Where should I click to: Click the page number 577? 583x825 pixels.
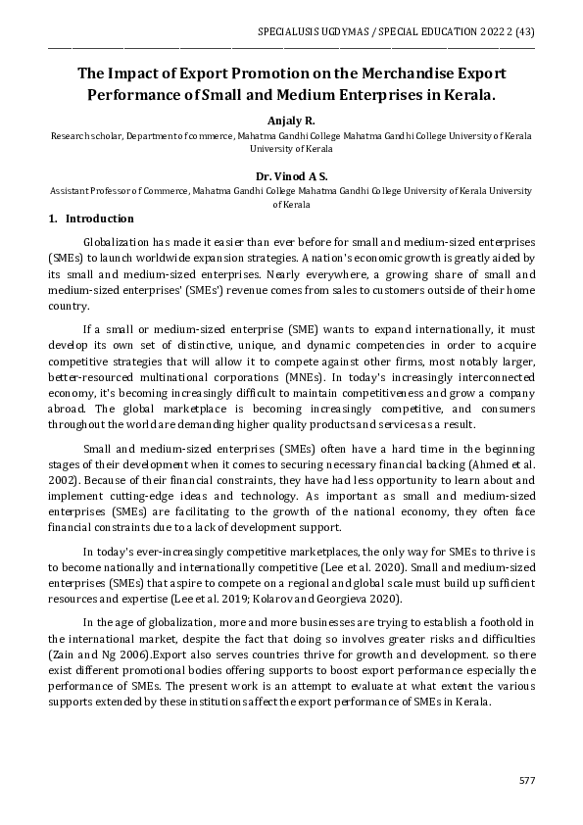(x=526, y=780)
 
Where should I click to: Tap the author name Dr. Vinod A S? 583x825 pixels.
(x=292, y=176)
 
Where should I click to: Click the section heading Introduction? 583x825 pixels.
(x=99, y=218)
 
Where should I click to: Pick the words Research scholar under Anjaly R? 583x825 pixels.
(x=82, y=135)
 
